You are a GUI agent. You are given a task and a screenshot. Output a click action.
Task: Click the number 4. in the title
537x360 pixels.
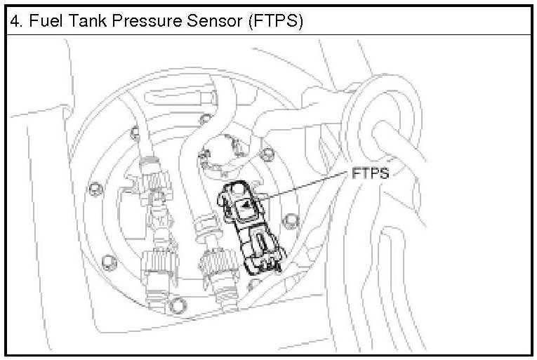[15, 21]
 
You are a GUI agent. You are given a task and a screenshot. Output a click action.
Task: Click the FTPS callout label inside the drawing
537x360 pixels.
[370, 173]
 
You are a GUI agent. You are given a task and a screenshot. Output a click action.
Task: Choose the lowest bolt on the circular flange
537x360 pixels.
[177, 303]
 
